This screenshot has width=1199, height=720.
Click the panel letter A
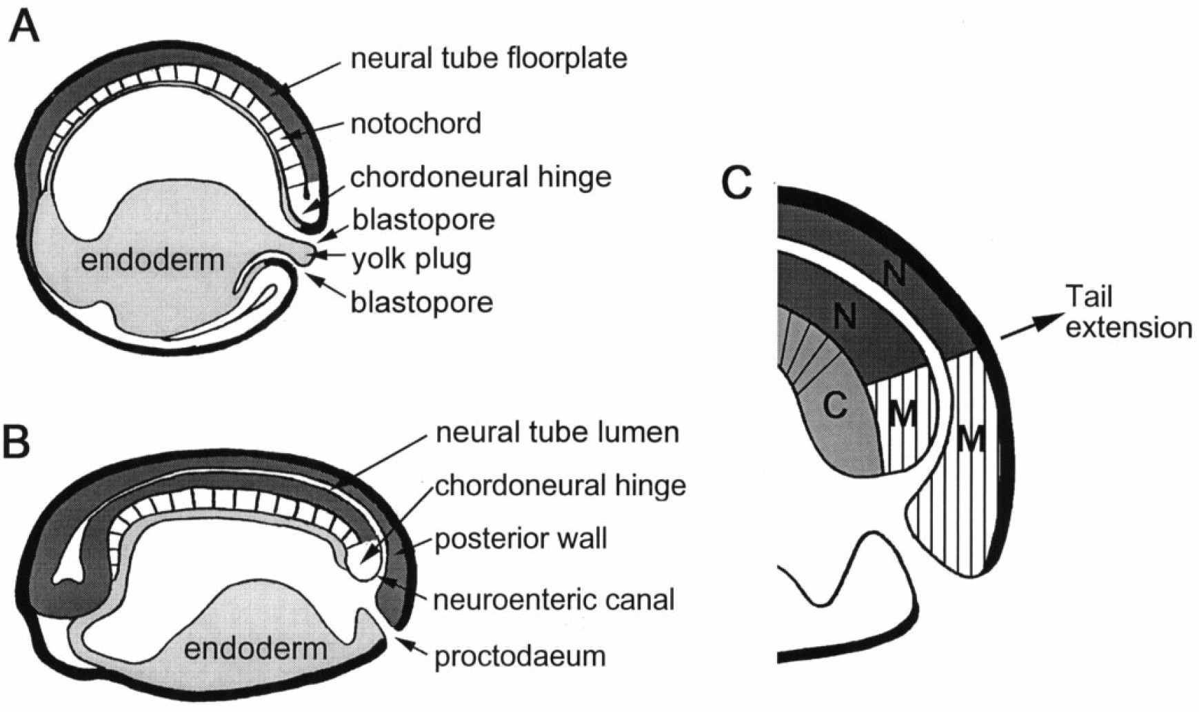pos(24,30)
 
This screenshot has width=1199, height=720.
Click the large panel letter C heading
pos(737,183)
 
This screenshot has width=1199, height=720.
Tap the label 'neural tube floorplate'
pos(489,58)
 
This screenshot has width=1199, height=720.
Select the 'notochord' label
pos(416,124)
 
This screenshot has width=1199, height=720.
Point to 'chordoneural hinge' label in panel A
pos(481,177)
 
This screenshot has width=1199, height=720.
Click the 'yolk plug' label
pos(412,259)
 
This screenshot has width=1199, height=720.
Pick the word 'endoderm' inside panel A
pos(153,260)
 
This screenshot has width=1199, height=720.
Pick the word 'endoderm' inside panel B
pos(256,648)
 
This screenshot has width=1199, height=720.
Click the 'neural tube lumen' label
pos(557,432)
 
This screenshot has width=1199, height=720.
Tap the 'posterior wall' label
pos(521,539)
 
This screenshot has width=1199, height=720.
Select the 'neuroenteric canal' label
pos(554,599)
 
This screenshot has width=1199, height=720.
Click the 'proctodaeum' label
pos(520,656)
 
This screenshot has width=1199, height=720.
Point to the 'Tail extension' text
pos(1128,312)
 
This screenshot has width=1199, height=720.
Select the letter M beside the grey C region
pos(902,414)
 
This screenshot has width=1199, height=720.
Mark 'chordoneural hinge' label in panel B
pos(561,486)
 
